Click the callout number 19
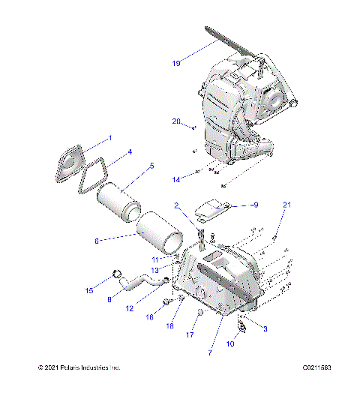[175, 64]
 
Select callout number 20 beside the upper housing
[176, 121]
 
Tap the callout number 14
[176, 180]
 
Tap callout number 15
[90, 290]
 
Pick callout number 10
[229, 344]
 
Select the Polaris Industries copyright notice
[79, 367]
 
